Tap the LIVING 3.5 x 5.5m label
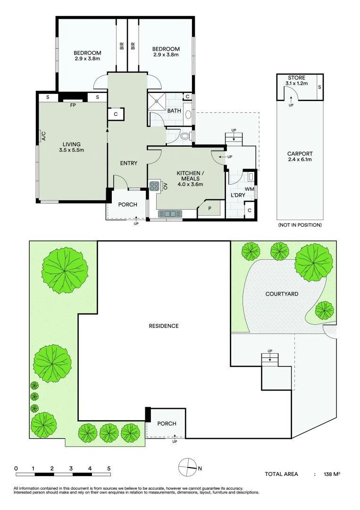(x=71, y=147)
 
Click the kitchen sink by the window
(x=170, y=214)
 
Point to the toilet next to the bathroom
(x=185, y=136)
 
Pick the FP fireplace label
(x=73, y=105)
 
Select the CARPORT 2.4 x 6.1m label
(x=300, y=156)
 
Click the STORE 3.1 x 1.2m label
(x=296, y=80)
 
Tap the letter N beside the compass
(x=200, y=469)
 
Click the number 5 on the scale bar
(x=109, y=469)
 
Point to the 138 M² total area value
(x=332, y=474)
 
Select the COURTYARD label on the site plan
(x=282, y=294)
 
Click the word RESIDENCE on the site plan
(x=164, y=326)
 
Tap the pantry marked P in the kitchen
(x=210, y=209)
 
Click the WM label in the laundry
(x=249, y=189)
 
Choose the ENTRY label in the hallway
(x=129, y=163)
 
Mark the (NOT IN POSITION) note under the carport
(x=300, y=225)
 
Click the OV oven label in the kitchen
(x=165, y=186)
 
